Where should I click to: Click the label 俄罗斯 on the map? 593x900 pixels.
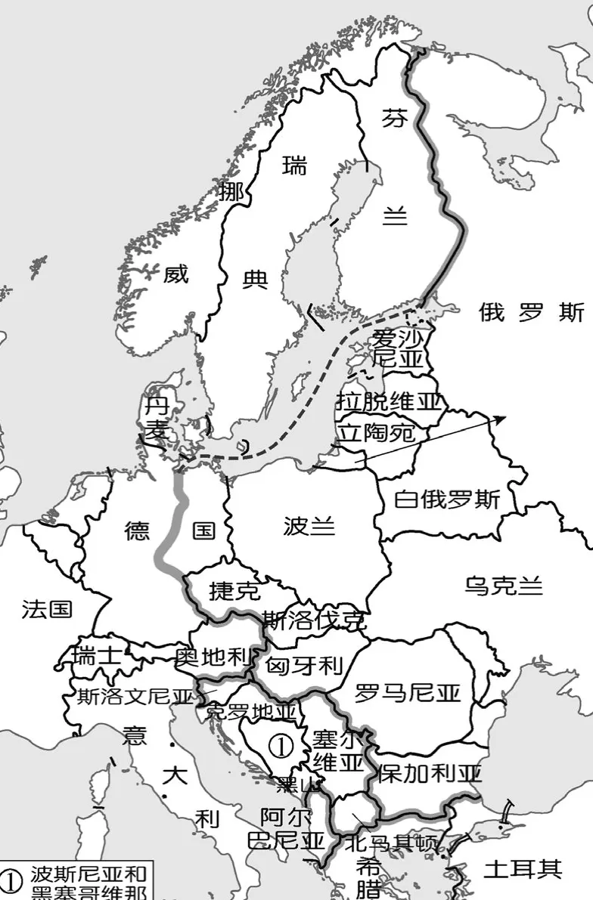pos(532,312)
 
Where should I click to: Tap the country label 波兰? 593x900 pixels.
pos(309,526)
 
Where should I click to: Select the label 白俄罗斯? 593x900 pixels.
pos(447,500)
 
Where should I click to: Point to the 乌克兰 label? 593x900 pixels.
pos(504,586)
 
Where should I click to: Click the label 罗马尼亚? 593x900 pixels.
pos(408,693)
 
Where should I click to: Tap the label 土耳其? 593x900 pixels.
pos(523,869)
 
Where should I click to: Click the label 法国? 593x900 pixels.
pos(47,609)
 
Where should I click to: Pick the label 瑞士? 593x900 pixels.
pos(96,656)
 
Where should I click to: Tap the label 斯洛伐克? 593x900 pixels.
pos(314,621)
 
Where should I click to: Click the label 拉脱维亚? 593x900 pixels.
pos(389,401)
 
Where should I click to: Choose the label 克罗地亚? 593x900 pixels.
pos(251,711)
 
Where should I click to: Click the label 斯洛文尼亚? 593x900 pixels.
pos(136,697)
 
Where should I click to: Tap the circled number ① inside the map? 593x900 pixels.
pos(281,746)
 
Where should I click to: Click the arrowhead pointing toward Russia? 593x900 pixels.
pos(500,418)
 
